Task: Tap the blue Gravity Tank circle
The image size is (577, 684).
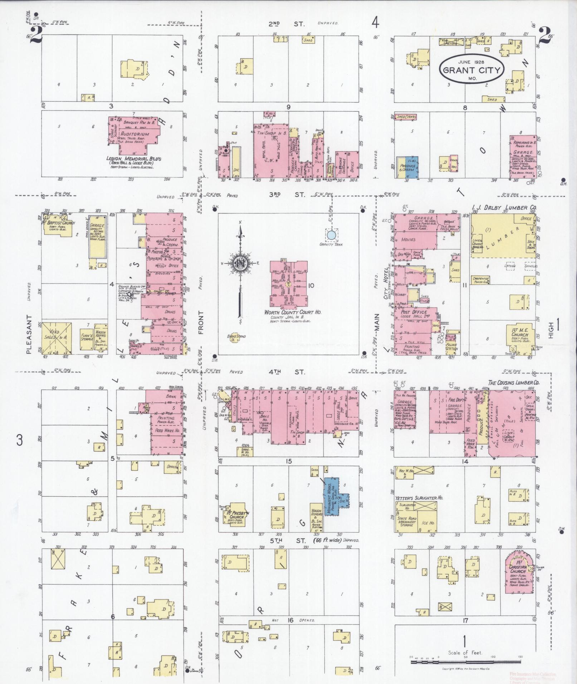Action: (x=331, y=235)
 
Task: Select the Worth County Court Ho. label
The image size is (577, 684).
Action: (x=293, y=312)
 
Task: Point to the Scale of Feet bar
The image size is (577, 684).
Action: (x=465, y=662)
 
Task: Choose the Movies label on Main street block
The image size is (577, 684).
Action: (x=408, y=240)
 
